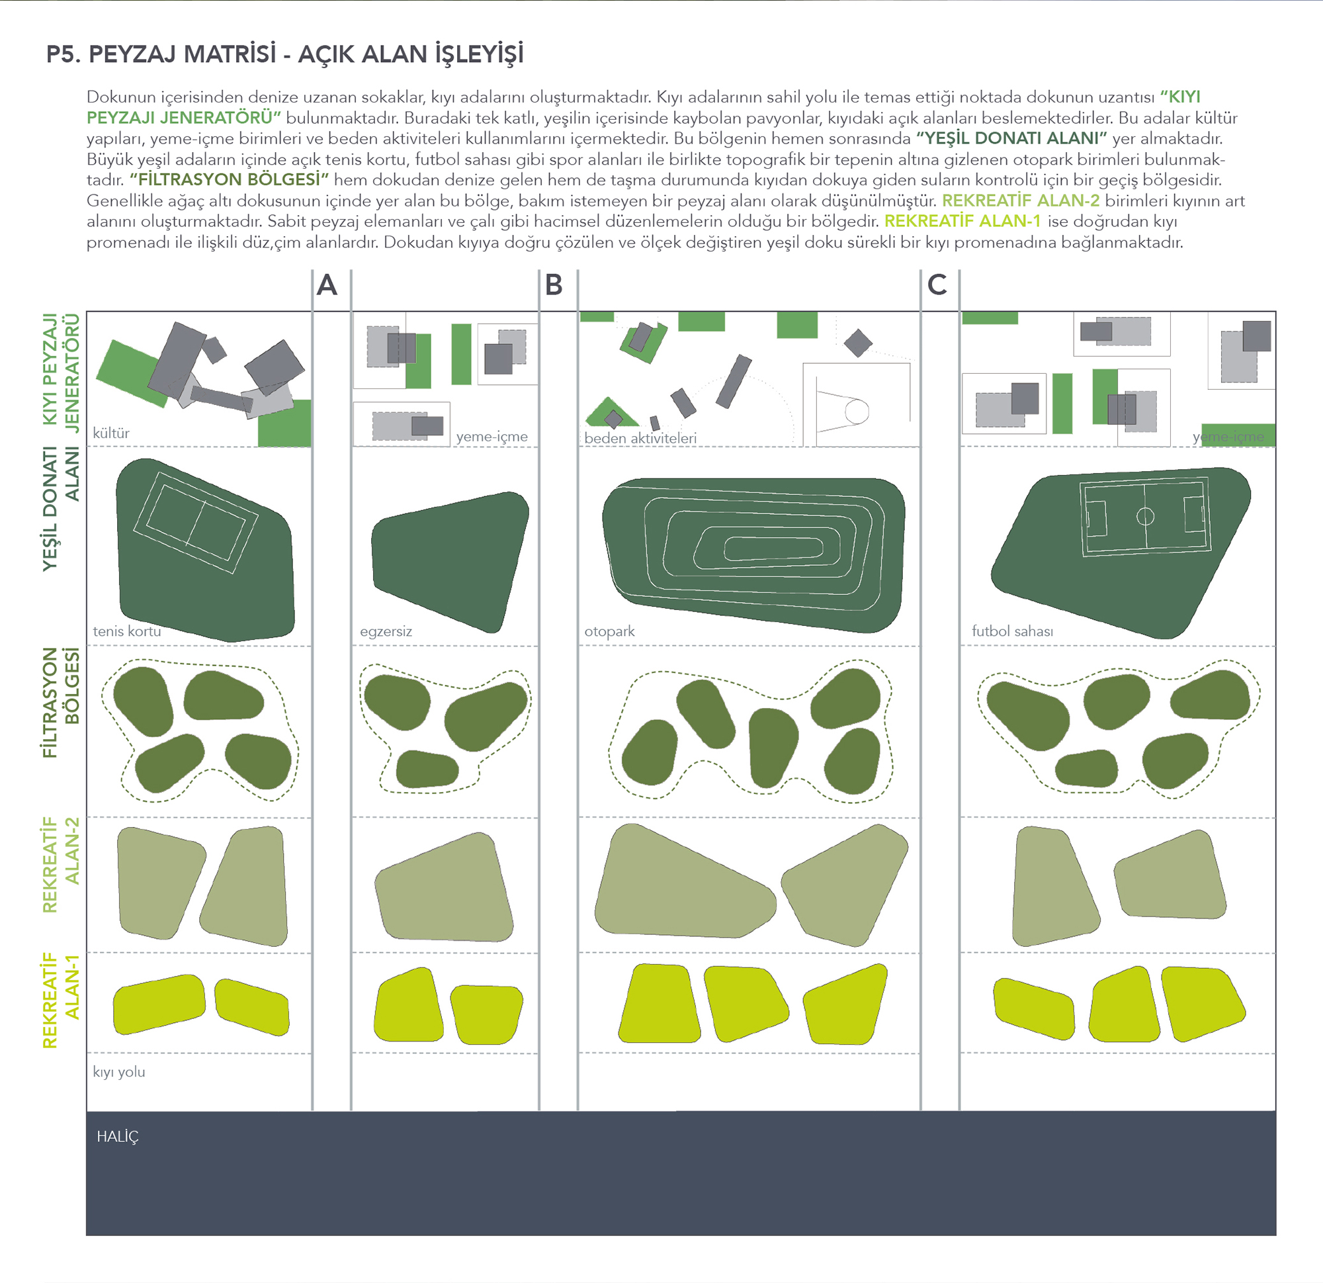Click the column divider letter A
click(x=327, y=285)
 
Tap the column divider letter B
click(x=554, y=285)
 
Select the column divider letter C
click(x=937, y=285)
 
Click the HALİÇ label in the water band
click(x=118, y=1137)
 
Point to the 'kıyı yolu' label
click(x=119, y=1072)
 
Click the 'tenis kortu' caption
click(x=127, y=631)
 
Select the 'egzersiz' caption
click(x=386, y=631)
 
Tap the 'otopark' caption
click(x=609, y=631)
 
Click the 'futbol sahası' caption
click(x=1012, y=631)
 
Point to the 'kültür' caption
click(x=110, y=433)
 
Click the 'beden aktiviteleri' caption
click(x=640, y=437)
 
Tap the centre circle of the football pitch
click(x=1146, y=517)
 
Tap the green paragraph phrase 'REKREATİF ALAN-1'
click(x=962, y=222)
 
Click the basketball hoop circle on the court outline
click(x=857, y=412)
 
